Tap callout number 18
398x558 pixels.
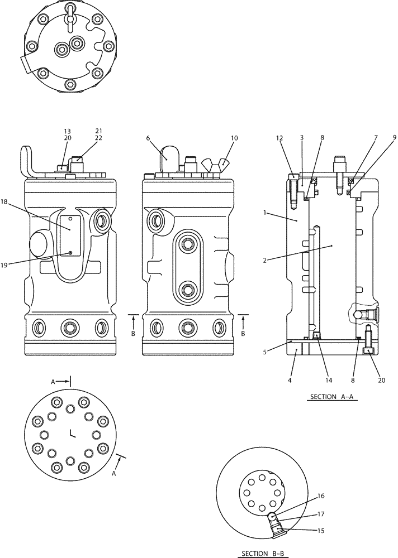[20, 201]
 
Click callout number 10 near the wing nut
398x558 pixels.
[234, 137]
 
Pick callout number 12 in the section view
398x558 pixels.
[279, 137]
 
